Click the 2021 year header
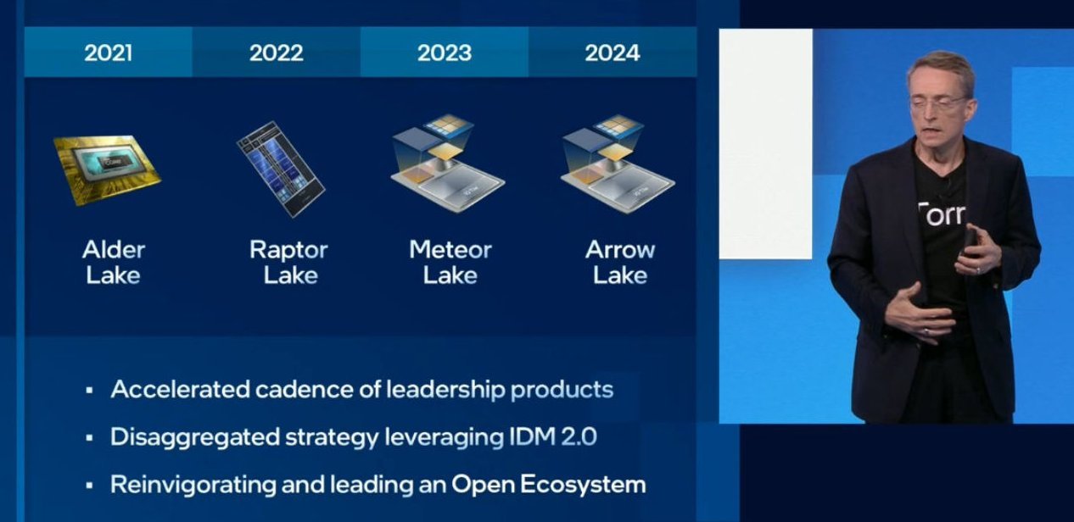click(x=108, y=53)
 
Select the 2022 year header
click(x=276, y=53)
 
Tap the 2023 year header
click(x=444, y=53)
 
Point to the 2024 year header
click(x=612, y=53)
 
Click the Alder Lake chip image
click(x=106, y=168)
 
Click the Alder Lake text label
click(x=114, y=262)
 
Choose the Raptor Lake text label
click(x=288, y=262)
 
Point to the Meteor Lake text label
click(x=450, y=262)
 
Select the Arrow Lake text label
click(x=620, y=262)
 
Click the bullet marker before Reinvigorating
click(x=89, y=486)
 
